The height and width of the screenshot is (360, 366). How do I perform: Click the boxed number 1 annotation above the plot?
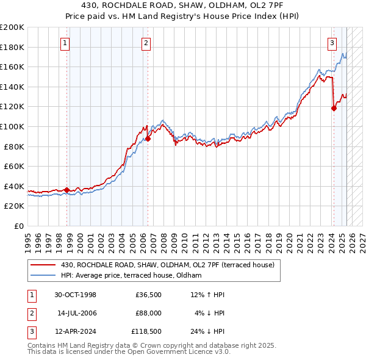tap(65, 43)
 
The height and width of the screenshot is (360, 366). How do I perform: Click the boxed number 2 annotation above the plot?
tap(146, 43)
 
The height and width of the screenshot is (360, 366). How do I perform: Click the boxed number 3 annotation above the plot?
tap(332, 43)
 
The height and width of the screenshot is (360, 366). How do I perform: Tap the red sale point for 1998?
tap(66, 189)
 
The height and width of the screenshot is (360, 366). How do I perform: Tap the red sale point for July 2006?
tap(148, 139)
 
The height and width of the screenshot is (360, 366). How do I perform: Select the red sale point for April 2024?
tap(334, 109)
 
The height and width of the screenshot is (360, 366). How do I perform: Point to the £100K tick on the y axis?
tap(12, 126)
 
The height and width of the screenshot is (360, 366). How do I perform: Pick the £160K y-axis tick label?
tap(12, 67)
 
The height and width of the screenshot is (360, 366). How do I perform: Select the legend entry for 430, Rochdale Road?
tap(168, 265)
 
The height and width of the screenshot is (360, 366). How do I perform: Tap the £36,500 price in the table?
tap(149, 295)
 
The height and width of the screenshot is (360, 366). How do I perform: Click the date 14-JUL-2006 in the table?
tap(76, 313)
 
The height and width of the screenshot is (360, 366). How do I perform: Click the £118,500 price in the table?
tap(146, 332)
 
